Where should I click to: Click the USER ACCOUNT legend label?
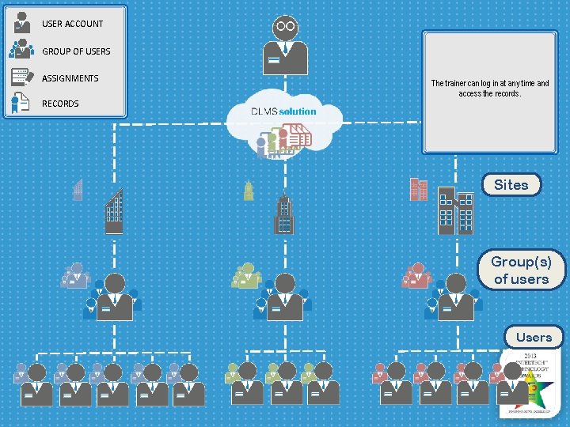pyautogui.click(x=72, y=24)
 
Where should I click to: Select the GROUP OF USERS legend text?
pyautogui.click(x=76, y=51)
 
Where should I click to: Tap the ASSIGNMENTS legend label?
pyautogui.click(x=70, y=78)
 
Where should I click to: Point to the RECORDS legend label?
pyautogui.click(x=60, y=104)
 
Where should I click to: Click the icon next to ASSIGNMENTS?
pyautogui.click(x=21, y=77)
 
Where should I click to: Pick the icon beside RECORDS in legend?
pyautogui.click(x=21, y=103)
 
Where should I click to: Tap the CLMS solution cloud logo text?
pyautogui.click(x=283, y=111)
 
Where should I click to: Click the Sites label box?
pyautogui.click(x=511, y=185)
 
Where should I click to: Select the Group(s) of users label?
pyautogui.click(x=521, y=270)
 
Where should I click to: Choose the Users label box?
pyautogui.click(x=534, y=337)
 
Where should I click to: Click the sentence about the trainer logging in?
pyautogui.click(x=489, y=88)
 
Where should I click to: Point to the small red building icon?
pyautogui.click(x=418, y=189)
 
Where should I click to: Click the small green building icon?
pyautogui.click(x=249, y=191)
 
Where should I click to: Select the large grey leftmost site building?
pyautogui.click(x=115, y=212)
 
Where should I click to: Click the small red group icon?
pyautogui.click(x=416, y=275)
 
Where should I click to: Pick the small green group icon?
pyautogui.click(x=246, y=275)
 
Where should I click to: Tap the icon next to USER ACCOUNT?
pyautogui.click(x=22, y=22)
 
